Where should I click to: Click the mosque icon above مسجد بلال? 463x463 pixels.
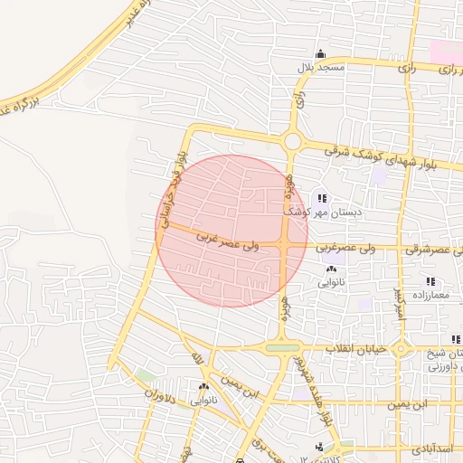click(x=319, y=54)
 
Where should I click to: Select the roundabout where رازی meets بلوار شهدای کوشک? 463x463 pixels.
click(x=292, y=140)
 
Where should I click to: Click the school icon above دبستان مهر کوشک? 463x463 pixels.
click(x=322, y=198)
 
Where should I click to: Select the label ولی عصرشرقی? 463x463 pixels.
click(x=429, y=248)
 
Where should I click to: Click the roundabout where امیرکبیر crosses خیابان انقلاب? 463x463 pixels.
click(x=399, y=348)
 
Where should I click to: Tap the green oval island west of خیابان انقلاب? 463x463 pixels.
click(x=283, y=347)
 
